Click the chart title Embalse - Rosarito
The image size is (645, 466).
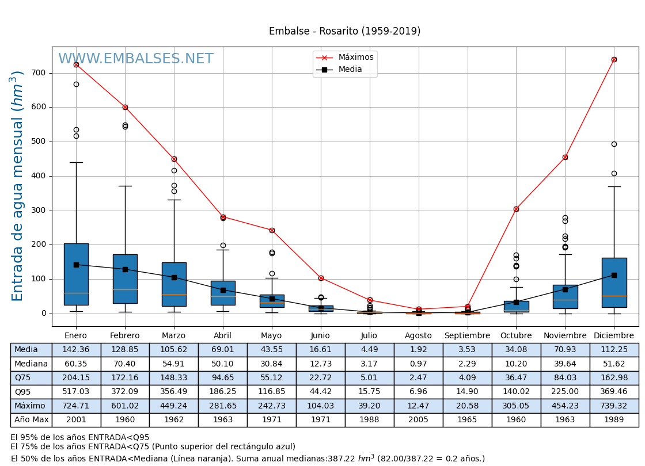pos(344,32)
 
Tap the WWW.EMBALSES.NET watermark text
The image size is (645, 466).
pos(136,59)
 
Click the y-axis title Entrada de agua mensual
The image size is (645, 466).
pos(18,186)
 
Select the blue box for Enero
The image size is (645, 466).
pos(76,274)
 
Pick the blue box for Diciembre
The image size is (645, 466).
pos(614,282)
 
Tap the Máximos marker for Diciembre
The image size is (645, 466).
pos(614,59)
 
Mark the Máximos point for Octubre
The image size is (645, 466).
pos(516,209)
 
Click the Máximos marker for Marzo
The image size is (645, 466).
pos(174,159)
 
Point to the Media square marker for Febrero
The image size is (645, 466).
pos(125,269)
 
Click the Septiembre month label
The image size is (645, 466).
pos(467,336)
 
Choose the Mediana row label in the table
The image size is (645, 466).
pos(31,364)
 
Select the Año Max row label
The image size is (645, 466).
pos(31,420)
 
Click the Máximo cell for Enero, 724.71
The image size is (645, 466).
pos(76,406)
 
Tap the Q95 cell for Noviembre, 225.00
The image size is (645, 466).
pos(565,392)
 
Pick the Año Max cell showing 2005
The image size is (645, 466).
pos(418,420)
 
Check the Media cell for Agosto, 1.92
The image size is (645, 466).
pos(418,350)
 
